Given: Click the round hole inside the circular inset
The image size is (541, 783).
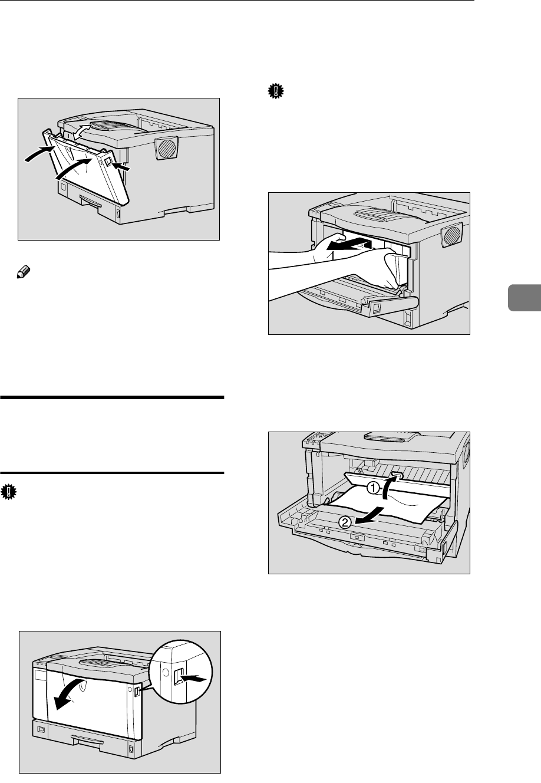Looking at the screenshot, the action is pos(164,673).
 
